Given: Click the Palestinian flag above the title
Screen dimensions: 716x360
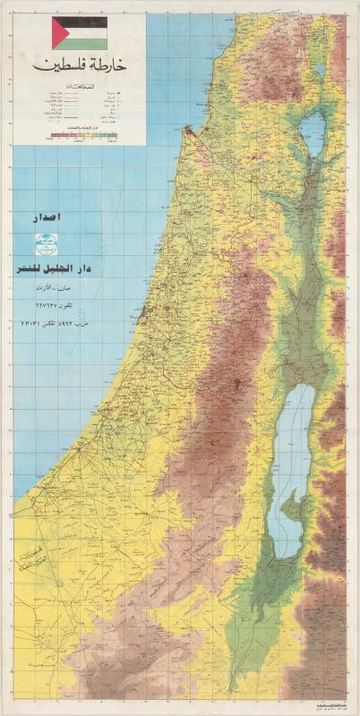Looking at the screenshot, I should pyautogui.click(x=81, y=33).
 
